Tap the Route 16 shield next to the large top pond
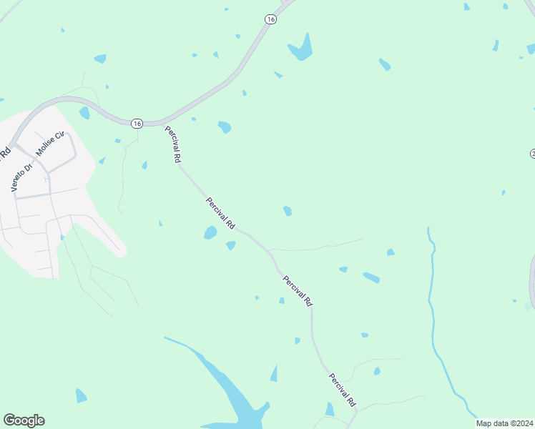pos(270,19)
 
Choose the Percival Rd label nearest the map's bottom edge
pos(342,390)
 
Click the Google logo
pos(24,420)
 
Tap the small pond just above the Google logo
pos(81,395)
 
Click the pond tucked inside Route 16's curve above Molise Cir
pos(84,112)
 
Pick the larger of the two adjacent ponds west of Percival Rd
pos(210,232)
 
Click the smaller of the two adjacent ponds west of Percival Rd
pos(231,245)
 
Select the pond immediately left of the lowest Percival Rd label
pos(329,409)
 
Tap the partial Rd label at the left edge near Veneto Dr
pos(5,152)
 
